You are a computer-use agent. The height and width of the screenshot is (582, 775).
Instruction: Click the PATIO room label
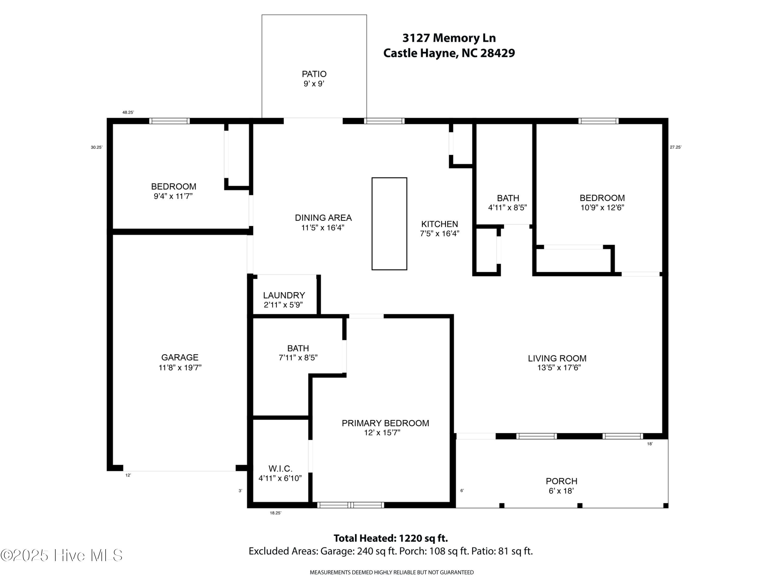[314, 74]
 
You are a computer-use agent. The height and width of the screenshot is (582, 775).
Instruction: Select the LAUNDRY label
[284, 295]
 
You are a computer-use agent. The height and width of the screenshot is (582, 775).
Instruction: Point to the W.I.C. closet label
[280, 468]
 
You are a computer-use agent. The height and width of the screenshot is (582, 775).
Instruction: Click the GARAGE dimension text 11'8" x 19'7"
[180, 368]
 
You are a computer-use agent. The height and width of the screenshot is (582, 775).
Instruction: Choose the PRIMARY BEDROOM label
[385, 423]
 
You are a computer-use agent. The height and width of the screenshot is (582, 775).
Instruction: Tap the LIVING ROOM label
[557, 358]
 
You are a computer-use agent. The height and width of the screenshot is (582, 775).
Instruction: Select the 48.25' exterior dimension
[128, 113]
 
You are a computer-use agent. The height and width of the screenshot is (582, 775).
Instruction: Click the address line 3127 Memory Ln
[449, 38]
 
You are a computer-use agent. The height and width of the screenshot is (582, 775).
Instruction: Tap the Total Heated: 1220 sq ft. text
[390, 538]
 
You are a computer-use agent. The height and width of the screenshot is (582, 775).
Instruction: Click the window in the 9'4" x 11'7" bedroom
[169, 121]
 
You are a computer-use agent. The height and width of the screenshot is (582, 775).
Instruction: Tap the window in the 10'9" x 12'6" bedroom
[598, 121]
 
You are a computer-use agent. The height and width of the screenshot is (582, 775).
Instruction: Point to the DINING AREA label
[323, 218]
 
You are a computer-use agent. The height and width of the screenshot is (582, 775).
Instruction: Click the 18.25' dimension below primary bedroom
[275, 513]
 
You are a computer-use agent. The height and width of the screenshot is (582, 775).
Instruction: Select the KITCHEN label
[439, 224]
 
